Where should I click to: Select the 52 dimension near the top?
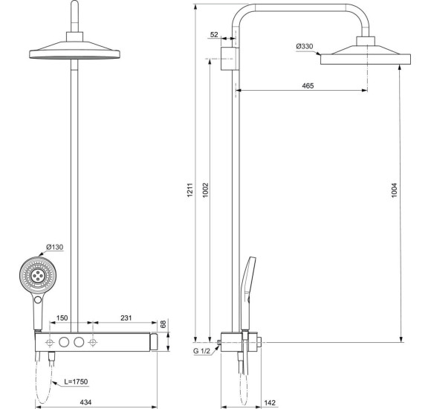pyautogui.click(x=215, y=35)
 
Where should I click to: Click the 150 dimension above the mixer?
pyautogui.click(x=64, y=318)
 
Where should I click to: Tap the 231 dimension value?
pyautogui.click(x=128, y=318)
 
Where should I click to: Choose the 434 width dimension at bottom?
pyautogui.click(x=87, y=402)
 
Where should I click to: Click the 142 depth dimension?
pyautogui.click(x=270, y=402)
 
